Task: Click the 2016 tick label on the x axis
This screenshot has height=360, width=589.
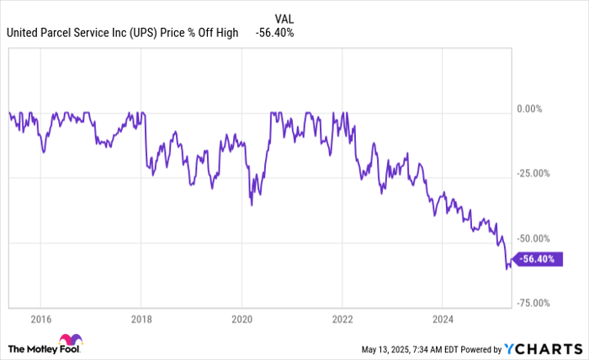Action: click(x=41, y=320)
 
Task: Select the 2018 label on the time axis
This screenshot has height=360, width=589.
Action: click(x=141, y=320)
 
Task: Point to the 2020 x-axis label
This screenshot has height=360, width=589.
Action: click(x=241, y=320)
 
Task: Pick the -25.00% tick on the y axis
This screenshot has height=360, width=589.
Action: click(x=533, y=174)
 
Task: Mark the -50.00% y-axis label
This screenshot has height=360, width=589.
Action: click(x=533, y=239)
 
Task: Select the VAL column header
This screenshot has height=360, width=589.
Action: click(x=285, y=17)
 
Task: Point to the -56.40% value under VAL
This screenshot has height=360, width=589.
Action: click(x=276, y=33)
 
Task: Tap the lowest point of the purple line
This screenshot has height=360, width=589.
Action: click(x=507, y=268)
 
